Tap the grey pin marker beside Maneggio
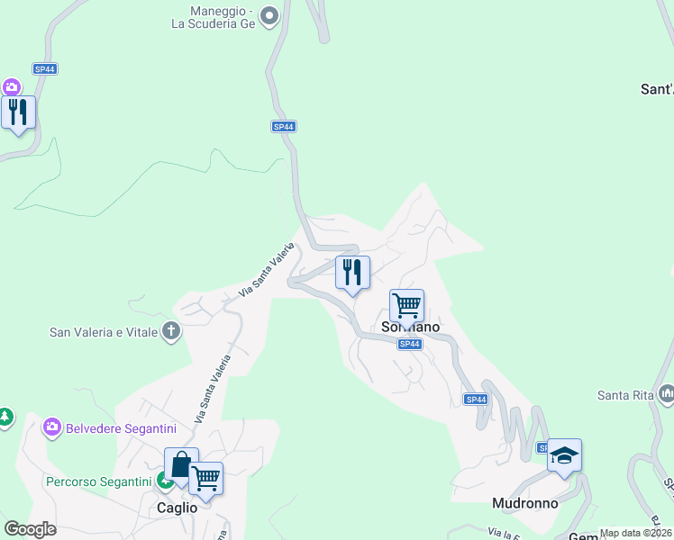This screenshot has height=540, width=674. point(269,15)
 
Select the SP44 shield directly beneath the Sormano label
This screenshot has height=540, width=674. point(409,344)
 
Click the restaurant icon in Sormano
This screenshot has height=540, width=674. point(352,272)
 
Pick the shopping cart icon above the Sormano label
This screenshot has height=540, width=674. point(406,306)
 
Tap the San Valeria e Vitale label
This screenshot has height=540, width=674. point(104,332)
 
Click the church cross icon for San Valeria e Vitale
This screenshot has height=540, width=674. point(171,331)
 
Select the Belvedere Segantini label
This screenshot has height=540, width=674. point(121,427)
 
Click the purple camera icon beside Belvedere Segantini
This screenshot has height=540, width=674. point(52,427)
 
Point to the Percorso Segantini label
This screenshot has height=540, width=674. point(99,481)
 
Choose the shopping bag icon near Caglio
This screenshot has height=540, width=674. point(181,465)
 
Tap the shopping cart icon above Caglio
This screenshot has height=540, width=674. point(205,479)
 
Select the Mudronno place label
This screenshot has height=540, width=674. point(525,503)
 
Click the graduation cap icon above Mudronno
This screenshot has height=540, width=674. point(564,455)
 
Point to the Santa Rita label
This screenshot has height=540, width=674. point(624,395)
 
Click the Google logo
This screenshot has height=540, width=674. point(30,529)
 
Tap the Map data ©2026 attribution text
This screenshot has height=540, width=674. point(635,533)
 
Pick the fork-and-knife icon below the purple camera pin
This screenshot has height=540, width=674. point(18,112)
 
